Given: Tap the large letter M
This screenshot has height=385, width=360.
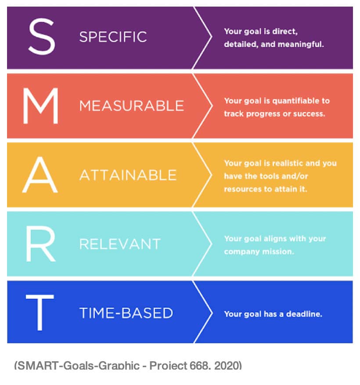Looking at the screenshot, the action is click(40, 105).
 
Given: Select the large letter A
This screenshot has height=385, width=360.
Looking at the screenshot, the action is click(40, 174).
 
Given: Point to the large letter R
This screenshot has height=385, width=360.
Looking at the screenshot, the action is click(41, 243).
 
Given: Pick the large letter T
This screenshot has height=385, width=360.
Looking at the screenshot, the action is click(40, 312).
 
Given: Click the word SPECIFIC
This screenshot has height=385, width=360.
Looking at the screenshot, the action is click(113, 37).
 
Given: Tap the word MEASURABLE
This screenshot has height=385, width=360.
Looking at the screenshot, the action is click(131, 106).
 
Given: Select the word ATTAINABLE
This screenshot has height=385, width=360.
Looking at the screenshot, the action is click(128, 175).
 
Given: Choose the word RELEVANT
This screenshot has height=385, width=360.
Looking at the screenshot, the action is click(120, 244).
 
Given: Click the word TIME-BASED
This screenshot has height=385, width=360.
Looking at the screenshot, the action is click(126, 313).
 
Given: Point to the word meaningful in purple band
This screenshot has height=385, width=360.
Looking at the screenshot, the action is click(301, 45).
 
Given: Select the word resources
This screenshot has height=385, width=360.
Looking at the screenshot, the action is click(243, 189).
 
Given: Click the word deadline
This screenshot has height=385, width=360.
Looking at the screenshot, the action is click(304, 314).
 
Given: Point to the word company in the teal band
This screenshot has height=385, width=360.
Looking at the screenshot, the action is click(242, 252).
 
